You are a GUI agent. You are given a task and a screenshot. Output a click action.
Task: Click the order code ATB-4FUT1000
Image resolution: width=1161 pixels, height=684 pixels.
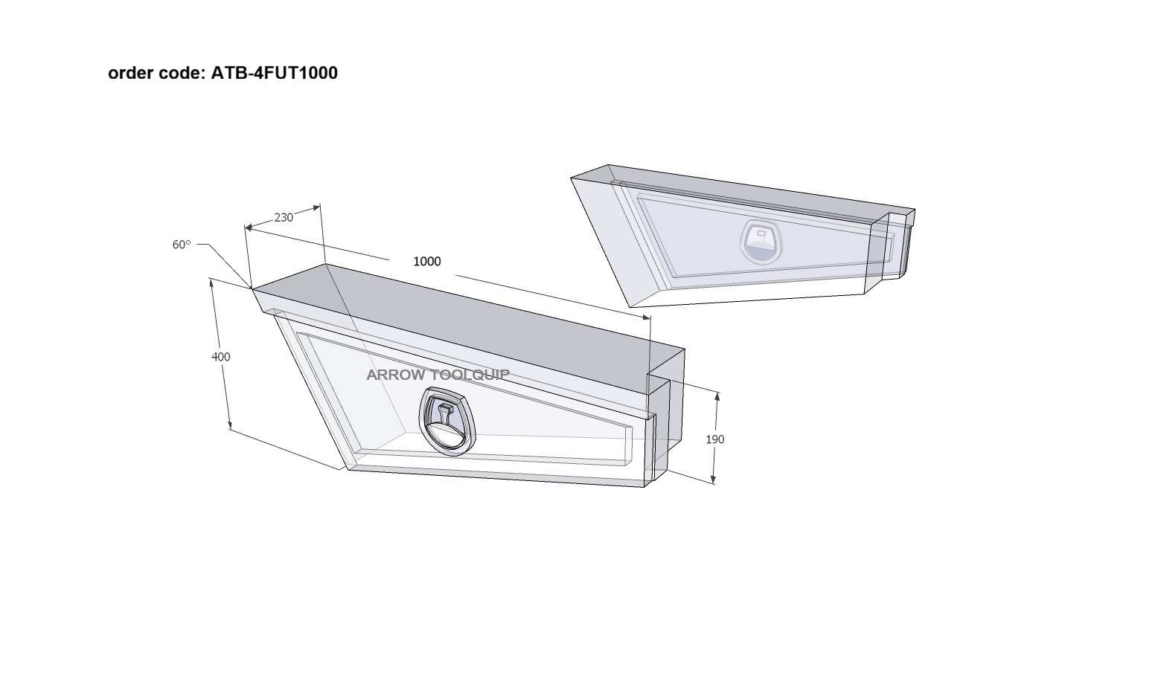click(x=274, y=73)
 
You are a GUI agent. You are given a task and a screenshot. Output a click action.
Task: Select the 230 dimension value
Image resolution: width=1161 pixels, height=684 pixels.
click(x=284, y=218)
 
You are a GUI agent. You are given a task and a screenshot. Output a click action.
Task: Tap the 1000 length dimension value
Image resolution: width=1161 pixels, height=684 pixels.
click(x=427, y=262)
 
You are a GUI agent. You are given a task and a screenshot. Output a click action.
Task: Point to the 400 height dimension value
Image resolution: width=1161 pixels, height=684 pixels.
click(x=221, y=357)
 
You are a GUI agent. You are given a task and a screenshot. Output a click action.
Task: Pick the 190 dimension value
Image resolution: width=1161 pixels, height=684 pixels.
click(x=715, y=439)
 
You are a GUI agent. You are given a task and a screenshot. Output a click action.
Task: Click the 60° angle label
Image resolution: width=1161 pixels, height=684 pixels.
click(x=182, y=245)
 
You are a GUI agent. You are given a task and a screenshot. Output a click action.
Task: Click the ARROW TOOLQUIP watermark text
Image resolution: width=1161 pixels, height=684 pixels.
click(x=438, y=375)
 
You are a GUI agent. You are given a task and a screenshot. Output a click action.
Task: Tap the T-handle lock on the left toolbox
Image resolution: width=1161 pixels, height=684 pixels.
click(x=447, y=422)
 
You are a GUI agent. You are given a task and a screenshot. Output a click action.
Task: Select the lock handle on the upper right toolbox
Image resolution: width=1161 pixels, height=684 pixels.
click(x=761, y=242)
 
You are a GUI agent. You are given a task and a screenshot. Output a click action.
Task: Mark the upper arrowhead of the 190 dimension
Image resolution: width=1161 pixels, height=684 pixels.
click(x=717, y=396)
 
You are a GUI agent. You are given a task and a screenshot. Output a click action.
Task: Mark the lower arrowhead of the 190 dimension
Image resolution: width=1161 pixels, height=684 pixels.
click(x=714, y=480)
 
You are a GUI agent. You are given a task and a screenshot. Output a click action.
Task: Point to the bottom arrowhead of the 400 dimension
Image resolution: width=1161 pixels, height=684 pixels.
click(x=230, y=425)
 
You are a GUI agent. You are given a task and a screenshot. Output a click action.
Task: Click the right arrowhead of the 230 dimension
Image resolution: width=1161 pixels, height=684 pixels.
click(x=316, y=207)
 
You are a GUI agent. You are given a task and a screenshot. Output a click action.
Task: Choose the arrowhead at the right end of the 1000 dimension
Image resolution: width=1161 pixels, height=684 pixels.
click(x=646, y=317)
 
